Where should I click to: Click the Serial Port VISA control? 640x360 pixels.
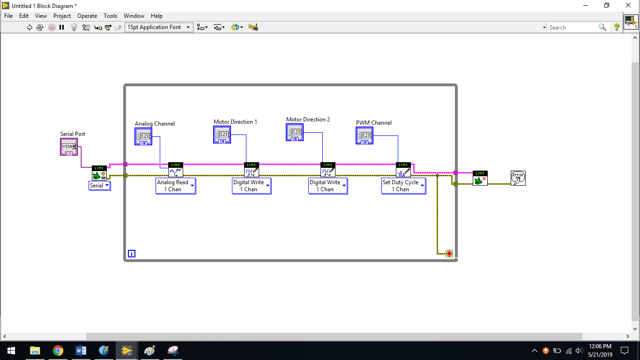click(69, 147)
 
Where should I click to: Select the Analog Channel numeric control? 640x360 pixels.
click(143, 136)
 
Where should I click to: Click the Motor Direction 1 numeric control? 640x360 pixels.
click(222, 135)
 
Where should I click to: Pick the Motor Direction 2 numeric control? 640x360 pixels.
click(295, 132)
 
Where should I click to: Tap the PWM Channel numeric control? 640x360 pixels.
click(365, 135)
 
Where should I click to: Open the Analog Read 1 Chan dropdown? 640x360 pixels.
click(176, 186)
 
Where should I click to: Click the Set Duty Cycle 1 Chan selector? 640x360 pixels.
click(404, 186)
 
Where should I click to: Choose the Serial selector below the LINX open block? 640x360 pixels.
click(99, 186)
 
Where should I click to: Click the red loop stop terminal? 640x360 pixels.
click(449, 254)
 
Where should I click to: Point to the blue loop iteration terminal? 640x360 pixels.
click(132, 254)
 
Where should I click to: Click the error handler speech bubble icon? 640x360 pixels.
click(518, 178)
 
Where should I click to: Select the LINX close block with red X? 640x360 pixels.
click(480, 178)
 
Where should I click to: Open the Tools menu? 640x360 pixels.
click(110, 16)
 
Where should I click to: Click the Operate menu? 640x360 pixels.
click(87, 16)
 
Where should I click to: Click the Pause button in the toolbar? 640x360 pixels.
click(61, 28)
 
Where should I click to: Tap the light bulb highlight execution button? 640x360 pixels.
click(74, 28)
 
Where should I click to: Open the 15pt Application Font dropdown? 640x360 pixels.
click(159, 27)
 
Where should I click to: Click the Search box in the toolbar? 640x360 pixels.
click(573, 28)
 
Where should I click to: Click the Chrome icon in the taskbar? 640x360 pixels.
click(58, 351)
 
